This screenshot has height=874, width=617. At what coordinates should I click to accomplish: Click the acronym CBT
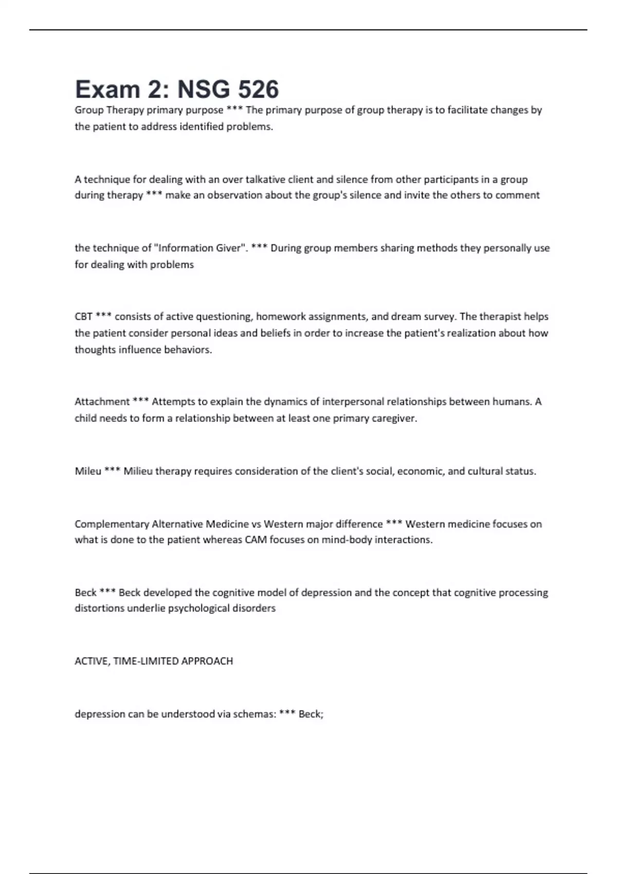coord(83,317)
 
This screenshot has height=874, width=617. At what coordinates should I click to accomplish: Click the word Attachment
coord(102,402)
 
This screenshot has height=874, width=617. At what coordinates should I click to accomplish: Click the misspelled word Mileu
coord(88,471)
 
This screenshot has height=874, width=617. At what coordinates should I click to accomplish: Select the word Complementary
coord(112,524)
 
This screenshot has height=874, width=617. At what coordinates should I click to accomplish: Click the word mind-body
coord(347,540)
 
